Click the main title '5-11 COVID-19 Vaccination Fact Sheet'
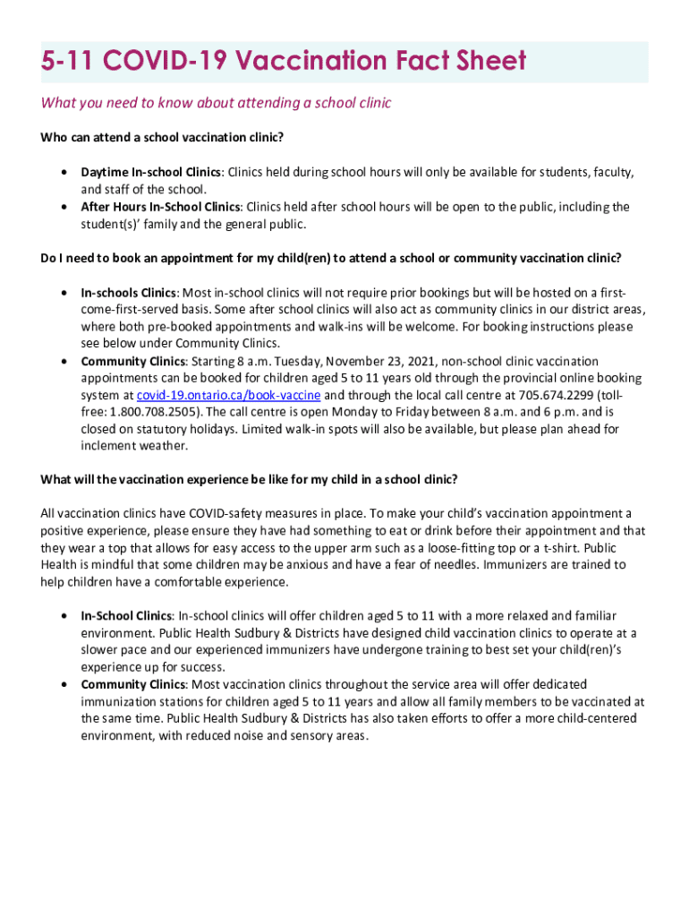coord(284,62)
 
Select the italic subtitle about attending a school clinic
coord(216,103)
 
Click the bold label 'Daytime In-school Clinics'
coord(150,172)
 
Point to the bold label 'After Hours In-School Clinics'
coord(161,207)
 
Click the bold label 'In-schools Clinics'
coord(129,292)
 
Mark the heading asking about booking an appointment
coord(330,258)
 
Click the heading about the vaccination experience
coord(249,479)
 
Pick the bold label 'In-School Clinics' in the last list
coord(126,616)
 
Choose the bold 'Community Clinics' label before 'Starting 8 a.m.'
coord(132,361)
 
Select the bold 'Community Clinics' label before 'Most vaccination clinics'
coord(132,685)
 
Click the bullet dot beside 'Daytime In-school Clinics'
coord(64,172)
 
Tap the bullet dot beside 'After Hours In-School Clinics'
coord(64,207)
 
